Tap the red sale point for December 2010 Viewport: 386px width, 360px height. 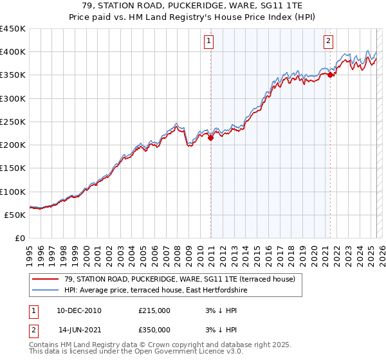pos(210,138)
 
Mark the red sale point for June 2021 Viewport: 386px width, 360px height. pos(330,75)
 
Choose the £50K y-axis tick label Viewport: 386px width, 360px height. pos(15,215)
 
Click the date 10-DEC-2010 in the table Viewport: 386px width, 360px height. pos(79,310)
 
